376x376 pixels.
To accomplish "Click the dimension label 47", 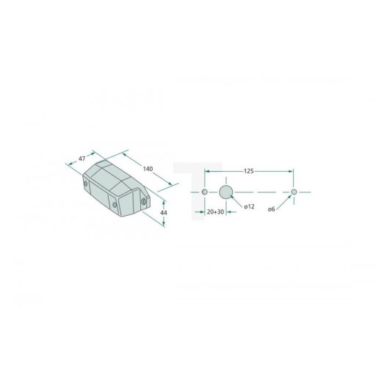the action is (x=82, y=159).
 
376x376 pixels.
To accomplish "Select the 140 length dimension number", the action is (x=148, y=169).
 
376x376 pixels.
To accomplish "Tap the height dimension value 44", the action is (x=164, y=213).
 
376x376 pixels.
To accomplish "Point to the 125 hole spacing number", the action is (x=248, y=171).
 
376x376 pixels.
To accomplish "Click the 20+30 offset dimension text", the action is (x=215, y=211).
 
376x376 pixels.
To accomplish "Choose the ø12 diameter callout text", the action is (x=249, y=206).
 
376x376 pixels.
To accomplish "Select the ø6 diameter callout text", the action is (x=271, y=209).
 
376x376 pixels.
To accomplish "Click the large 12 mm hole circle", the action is (x=225, y=192).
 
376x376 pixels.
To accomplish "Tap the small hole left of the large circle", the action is (x=205, y=192).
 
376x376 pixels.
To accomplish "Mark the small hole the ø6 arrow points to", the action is (x=294, y=192).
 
